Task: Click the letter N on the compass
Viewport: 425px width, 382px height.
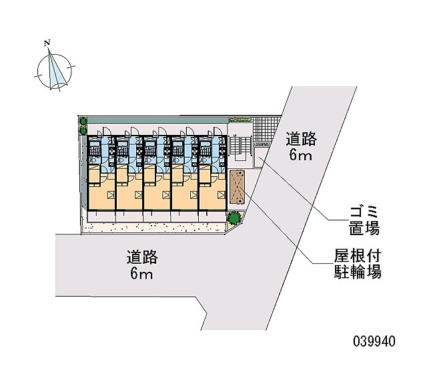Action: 47,43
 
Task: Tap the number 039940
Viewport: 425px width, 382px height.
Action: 374,341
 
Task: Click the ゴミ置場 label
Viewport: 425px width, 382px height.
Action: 364,220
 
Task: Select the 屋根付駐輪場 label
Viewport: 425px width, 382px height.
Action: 358,264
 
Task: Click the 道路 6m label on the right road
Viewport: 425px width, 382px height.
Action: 301,146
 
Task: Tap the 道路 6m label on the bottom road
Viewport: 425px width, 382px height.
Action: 142,265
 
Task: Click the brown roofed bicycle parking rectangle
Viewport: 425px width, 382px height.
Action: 237,187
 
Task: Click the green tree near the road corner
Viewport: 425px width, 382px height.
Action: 234,218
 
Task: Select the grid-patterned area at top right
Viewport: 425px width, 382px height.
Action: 266,129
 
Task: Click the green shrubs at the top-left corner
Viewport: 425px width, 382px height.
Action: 83,126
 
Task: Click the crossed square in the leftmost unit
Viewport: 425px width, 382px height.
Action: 111,195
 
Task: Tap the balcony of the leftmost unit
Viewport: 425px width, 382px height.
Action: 101,216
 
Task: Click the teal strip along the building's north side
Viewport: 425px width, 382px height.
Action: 157,120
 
